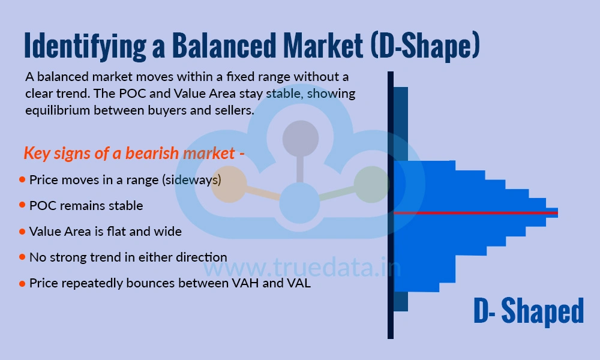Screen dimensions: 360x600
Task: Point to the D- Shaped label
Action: coord(528,311)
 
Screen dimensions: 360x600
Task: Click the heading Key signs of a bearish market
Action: coord(134,153)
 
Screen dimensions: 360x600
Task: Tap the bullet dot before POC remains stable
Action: coord(22,205)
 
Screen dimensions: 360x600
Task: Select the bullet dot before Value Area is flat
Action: coord(22,231)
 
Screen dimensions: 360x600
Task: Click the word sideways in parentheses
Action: coord(193,179)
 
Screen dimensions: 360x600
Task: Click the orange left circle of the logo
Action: coord(229,184)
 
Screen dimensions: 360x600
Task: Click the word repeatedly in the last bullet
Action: coord(88,283)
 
